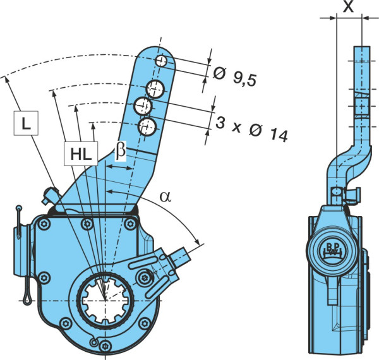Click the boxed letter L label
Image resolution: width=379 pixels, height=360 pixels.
[26, 123]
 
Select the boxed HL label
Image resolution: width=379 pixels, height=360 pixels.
[81, 154]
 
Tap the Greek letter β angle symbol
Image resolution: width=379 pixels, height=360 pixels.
[121, 151]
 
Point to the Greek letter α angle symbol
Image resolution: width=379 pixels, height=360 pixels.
[165, 196]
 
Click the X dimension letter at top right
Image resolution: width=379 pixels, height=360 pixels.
[348, 6]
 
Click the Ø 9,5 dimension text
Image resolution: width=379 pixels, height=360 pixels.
[234, 76]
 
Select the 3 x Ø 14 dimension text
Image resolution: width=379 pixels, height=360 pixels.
[251, 129]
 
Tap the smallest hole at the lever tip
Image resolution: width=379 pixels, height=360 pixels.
[161, 61]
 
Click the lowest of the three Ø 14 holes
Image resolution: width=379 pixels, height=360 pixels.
[147, 127]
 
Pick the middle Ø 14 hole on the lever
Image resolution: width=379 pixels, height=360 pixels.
[143, 106]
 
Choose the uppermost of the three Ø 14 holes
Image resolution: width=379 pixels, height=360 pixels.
[155, 89]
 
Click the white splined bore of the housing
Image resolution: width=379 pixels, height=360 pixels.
[105, 300]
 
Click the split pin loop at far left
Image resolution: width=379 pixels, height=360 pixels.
[27, 300]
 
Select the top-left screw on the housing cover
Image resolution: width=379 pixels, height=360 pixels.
[44, 224]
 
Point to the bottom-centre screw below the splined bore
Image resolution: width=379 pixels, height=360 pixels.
[105, 345]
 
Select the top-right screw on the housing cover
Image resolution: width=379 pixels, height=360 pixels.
[130, 224]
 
